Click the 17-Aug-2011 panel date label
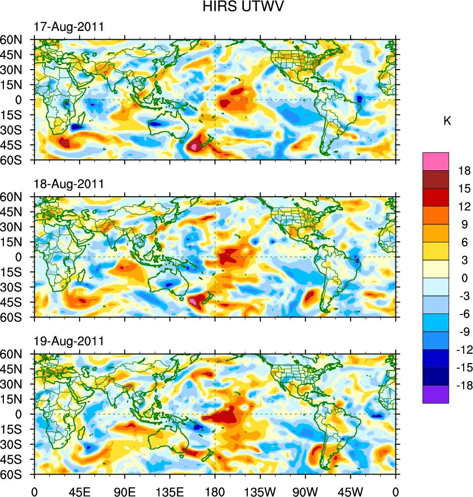point(69,27)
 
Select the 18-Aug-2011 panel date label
point(69,184)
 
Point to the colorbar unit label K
point(447,121)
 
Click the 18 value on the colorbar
point(465,171)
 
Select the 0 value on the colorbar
point(465,278)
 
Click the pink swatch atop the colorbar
point(435,161)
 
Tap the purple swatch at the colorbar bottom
point(435,394)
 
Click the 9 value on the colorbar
point(465,224)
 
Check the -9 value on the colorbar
point(463,332)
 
